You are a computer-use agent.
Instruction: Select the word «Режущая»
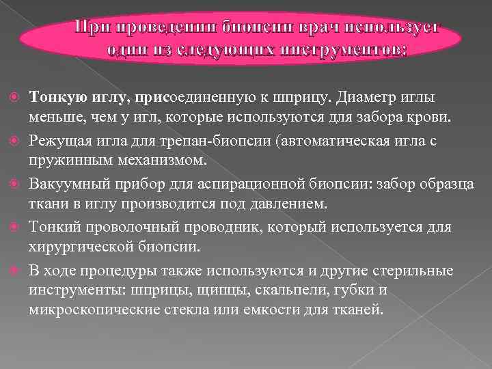point(58,141)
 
